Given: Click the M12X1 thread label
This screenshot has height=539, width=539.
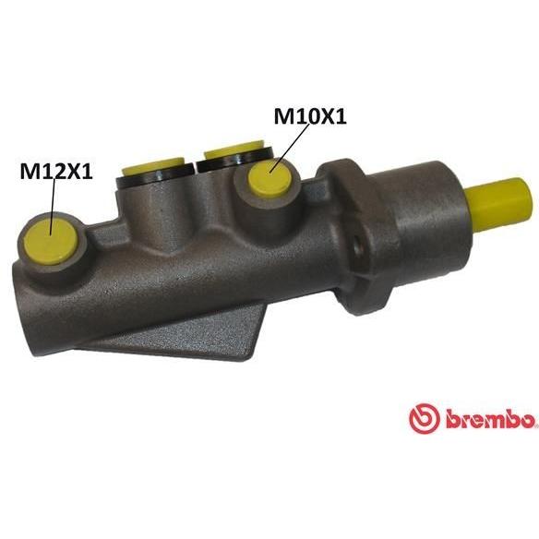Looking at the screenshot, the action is (56, 171).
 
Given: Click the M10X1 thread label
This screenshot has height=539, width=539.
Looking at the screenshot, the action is (310, 116).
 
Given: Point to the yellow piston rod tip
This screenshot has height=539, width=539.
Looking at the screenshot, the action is (500, 203).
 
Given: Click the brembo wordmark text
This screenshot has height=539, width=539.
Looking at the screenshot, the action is (491, 419).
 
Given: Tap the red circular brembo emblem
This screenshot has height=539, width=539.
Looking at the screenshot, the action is (425, 418).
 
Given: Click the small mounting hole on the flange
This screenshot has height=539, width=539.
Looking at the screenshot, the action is (359, 246).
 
